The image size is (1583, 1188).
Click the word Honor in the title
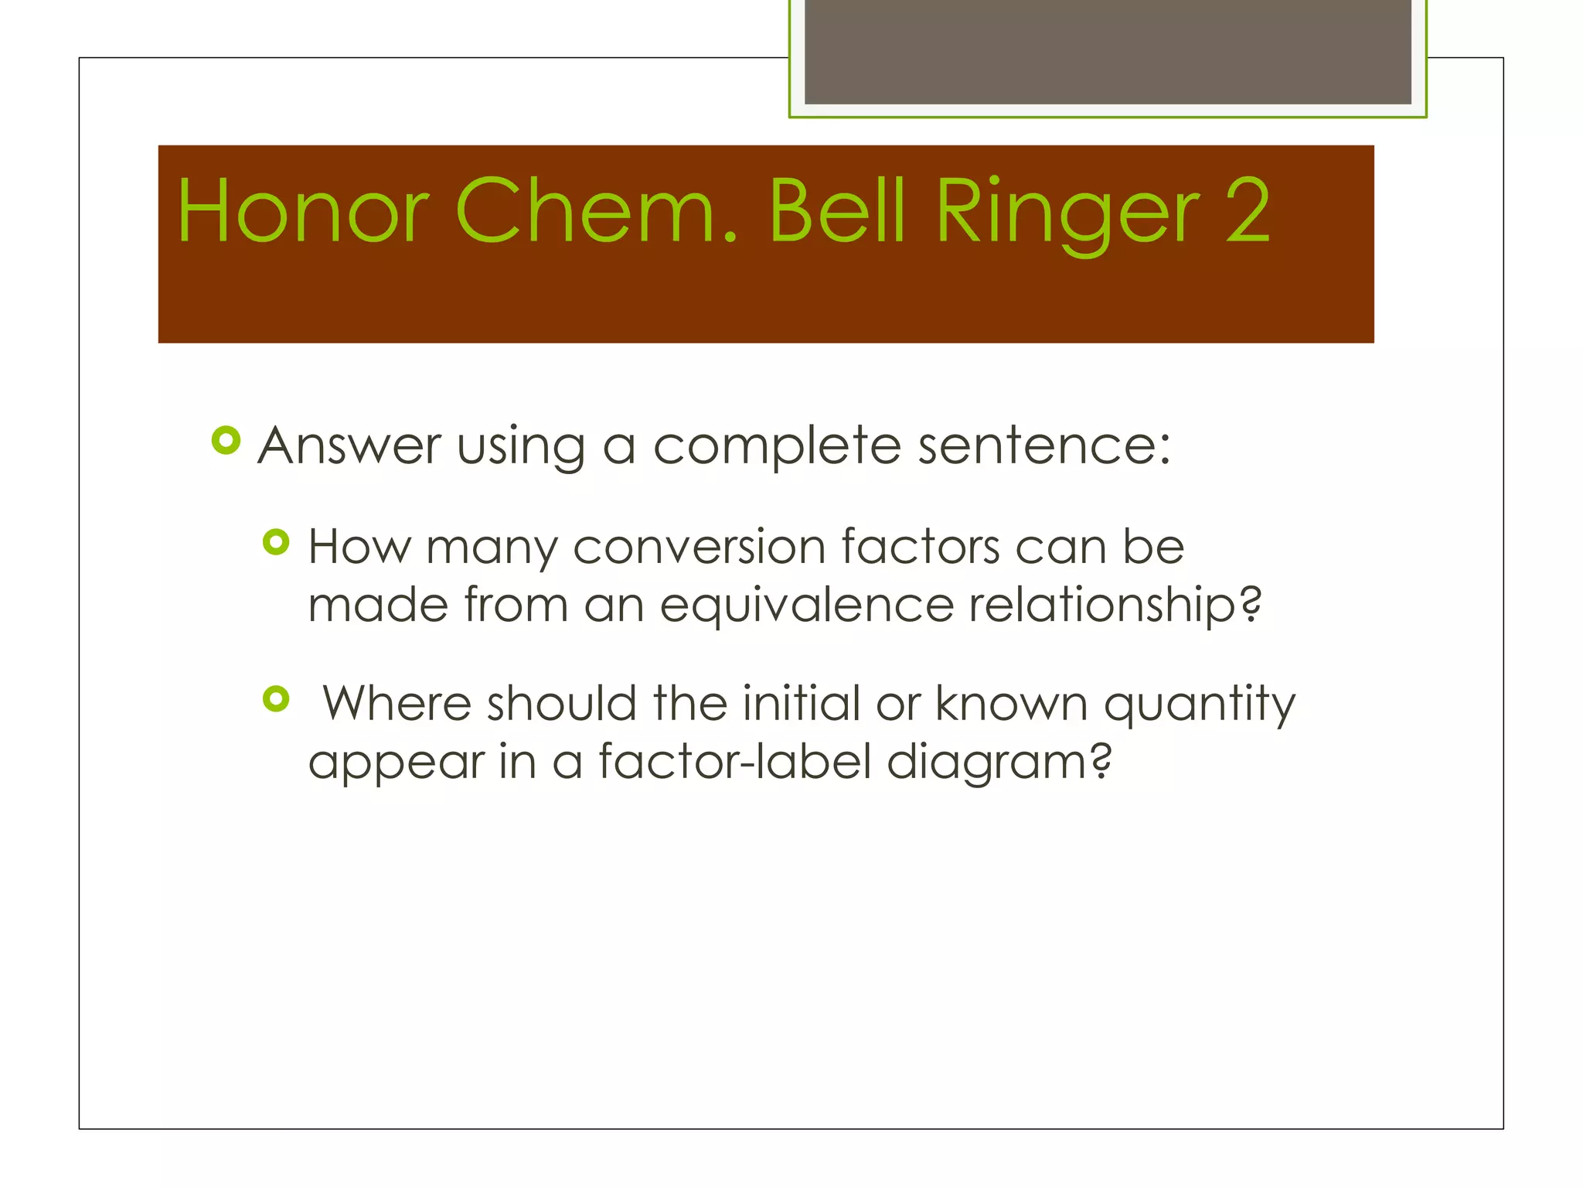pos(302,211)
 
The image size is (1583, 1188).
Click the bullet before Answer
pos(226,441)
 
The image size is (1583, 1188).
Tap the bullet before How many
pos(276,542)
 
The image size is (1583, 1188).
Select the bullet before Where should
pos(276,699)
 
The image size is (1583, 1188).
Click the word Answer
pos(349,446)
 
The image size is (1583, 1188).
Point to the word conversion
pos(700,547)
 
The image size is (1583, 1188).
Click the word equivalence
pos(807,606)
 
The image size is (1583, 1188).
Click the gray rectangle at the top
pos(1108,52)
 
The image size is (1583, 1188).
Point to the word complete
pos(777,448)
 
